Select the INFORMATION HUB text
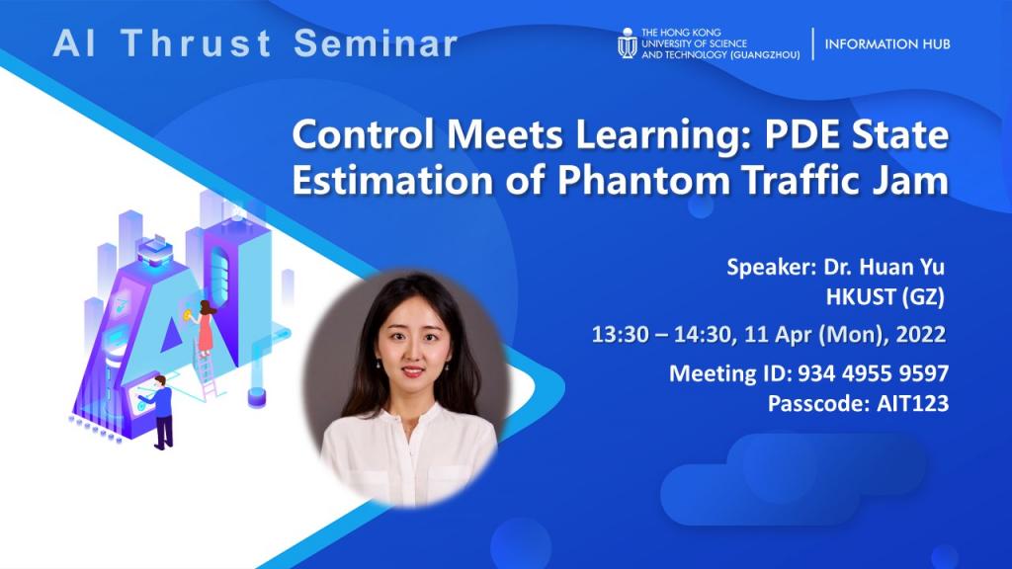tap(888, 44)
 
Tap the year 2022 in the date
tap(922, 335)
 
